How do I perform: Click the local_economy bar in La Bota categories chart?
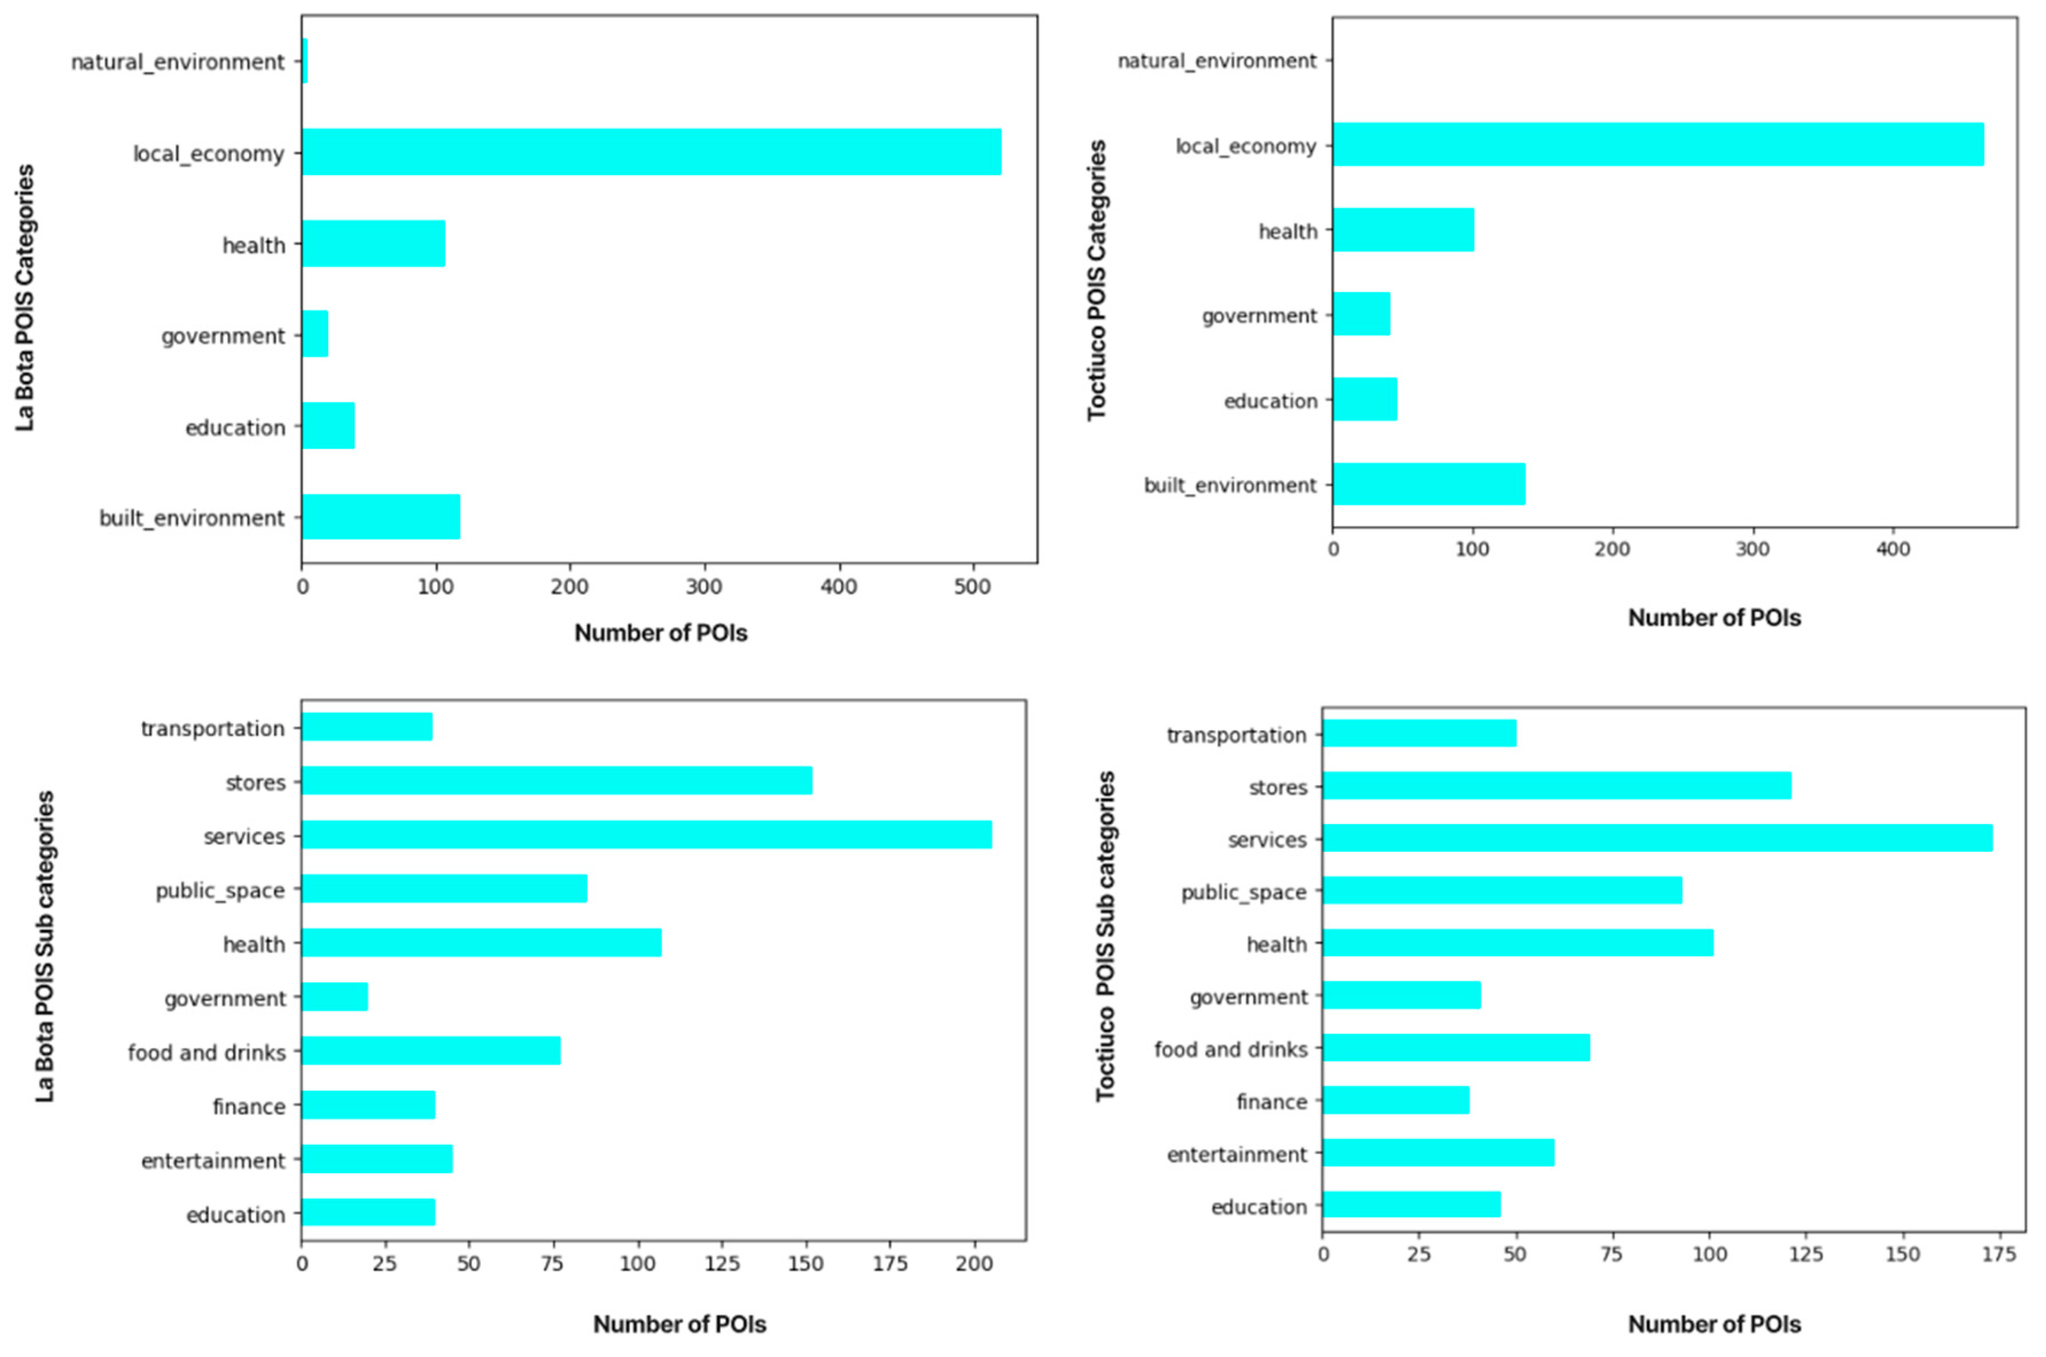[651, 153]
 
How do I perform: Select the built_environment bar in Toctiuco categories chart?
[1428, 483]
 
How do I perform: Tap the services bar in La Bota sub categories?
[645, 835]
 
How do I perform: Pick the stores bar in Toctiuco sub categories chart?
[1556, 786]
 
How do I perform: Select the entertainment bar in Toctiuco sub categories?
[1438, 1153]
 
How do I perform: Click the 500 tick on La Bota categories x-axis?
[972, 587]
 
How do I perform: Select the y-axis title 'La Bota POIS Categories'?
[25, 297]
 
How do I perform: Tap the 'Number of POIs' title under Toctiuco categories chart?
[1714, 618]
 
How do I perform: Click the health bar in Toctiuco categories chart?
[1403, 229]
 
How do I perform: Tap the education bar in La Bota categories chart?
[328, 426]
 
